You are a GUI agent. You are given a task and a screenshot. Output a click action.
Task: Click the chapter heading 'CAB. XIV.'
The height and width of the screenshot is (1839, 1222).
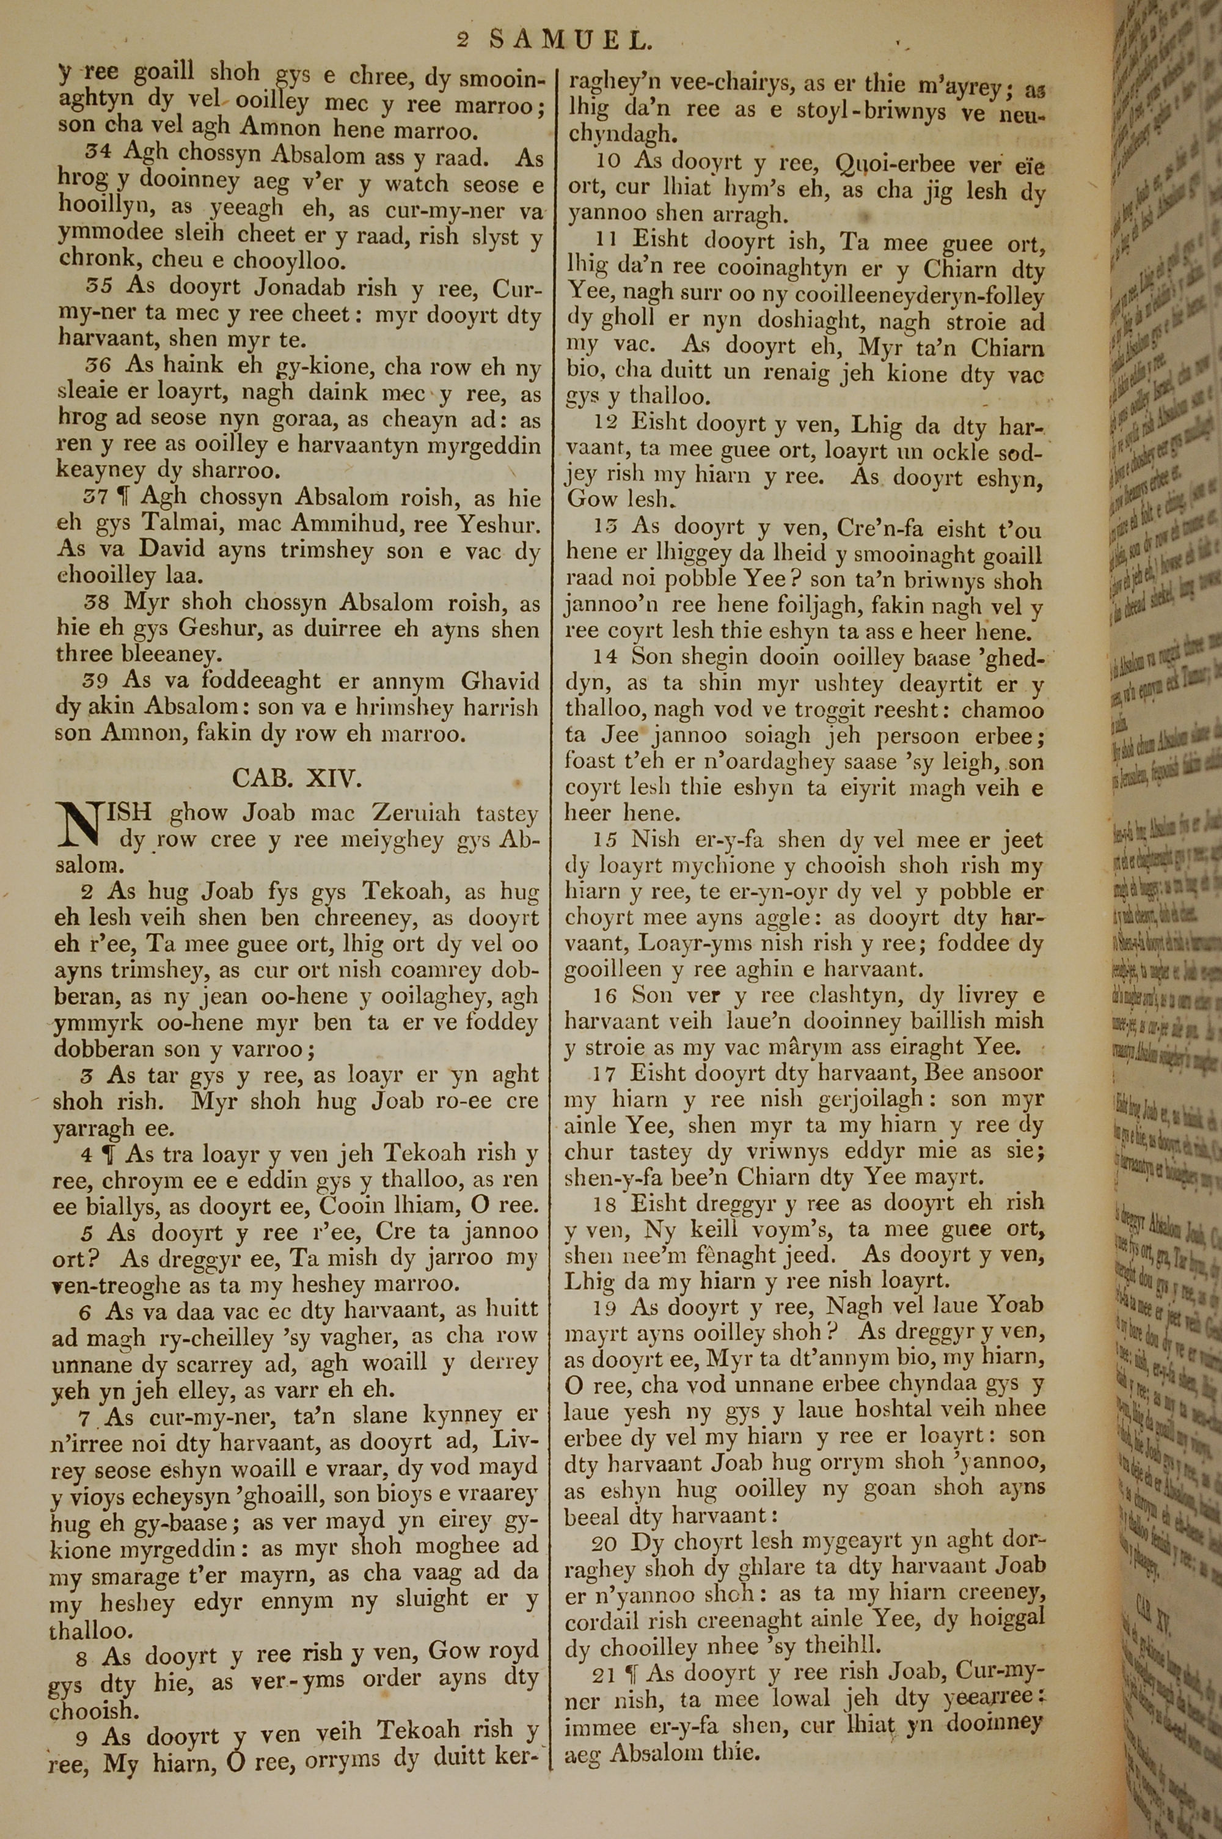(297, 778)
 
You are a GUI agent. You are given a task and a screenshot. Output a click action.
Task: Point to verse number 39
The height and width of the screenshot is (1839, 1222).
(96, 680)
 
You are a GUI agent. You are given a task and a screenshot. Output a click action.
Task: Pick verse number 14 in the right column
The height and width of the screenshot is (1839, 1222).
(606, 657)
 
